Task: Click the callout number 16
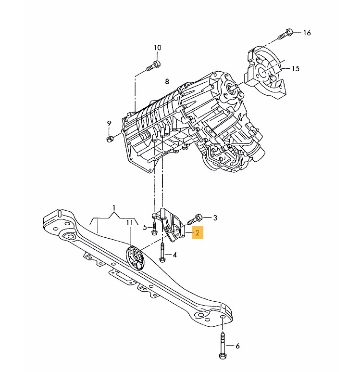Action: point(307,33)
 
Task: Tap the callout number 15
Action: point(295,69)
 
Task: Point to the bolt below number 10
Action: point(153,64)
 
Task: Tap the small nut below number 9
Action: point(110,139)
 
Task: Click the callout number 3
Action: point(215,218)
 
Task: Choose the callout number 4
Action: point(174,255)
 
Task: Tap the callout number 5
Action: point(145,227)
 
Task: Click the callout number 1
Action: point(114,209)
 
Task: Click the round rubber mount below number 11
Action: point(135,259)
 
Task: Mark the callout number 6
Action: point(237,346)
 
